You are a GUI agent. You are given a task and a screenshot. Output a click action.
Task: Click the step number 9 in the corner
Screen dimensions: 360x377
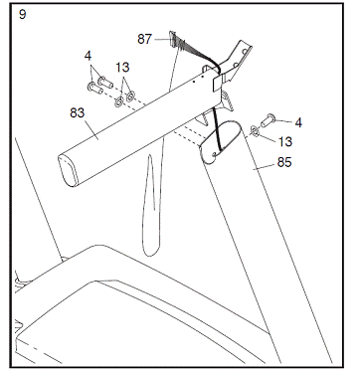(x=22, y=14)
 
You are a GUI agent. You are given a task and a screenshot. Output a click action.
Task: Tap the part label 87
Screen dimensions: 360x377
(x=145, y=39)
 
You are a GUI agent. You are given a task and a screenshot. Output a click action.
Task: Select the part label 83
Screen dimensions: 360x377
(x=78, y=112)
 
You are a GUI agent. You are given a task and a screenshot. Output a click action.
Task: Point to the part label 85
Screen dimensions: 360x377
(x=284, y=162)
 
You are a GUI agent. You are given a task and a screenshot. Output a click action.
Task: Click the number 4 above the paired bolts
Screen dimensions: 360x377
(x=88, y=56)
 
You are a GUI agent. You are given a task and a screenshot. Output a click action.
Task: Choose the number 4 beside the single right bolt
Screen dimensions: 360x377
(x=298, y=123)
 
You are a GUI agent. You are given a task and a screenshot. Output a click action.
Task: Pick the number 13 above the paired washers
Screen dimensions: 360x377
(x=122, y=68)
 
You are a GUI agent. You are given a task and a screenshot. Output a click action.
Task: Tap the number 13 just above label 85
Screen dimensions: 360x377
(x=285, y=141)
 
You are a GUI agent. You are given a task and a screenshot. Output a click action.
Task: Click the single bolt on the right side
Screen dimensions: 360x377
(x=267, y=120)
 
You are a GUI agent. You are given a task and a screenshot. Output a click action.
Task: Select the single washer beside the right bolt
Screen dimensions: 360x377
(x=255, y=130)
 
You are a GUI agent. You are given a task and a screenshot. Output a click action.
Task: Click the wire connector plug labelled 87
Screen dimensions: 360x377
(x=172, y=38)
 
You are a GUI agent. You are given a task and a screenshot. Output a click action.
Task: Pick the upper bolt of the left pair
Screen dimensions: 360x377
(x=105, y=82)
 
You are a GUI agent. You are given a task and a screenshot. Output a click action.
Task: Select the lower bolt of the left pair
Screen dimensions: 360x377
(x=94, y=88)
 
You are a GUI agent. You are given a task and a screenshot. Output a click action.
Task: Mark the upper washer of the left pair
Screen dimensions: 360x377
(x=130, y=96)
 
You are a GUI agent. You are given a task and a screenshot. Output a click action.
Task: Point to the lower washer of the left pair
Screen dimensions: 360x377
(x=119, y=102)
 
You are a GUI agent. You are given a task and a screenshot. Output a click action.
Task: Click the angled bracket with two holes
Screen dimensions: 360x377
(x=236, y=63)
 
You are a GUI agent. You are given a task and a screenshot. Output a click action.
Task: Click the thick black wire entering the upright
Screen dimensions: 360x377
(x=217, y=128)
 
